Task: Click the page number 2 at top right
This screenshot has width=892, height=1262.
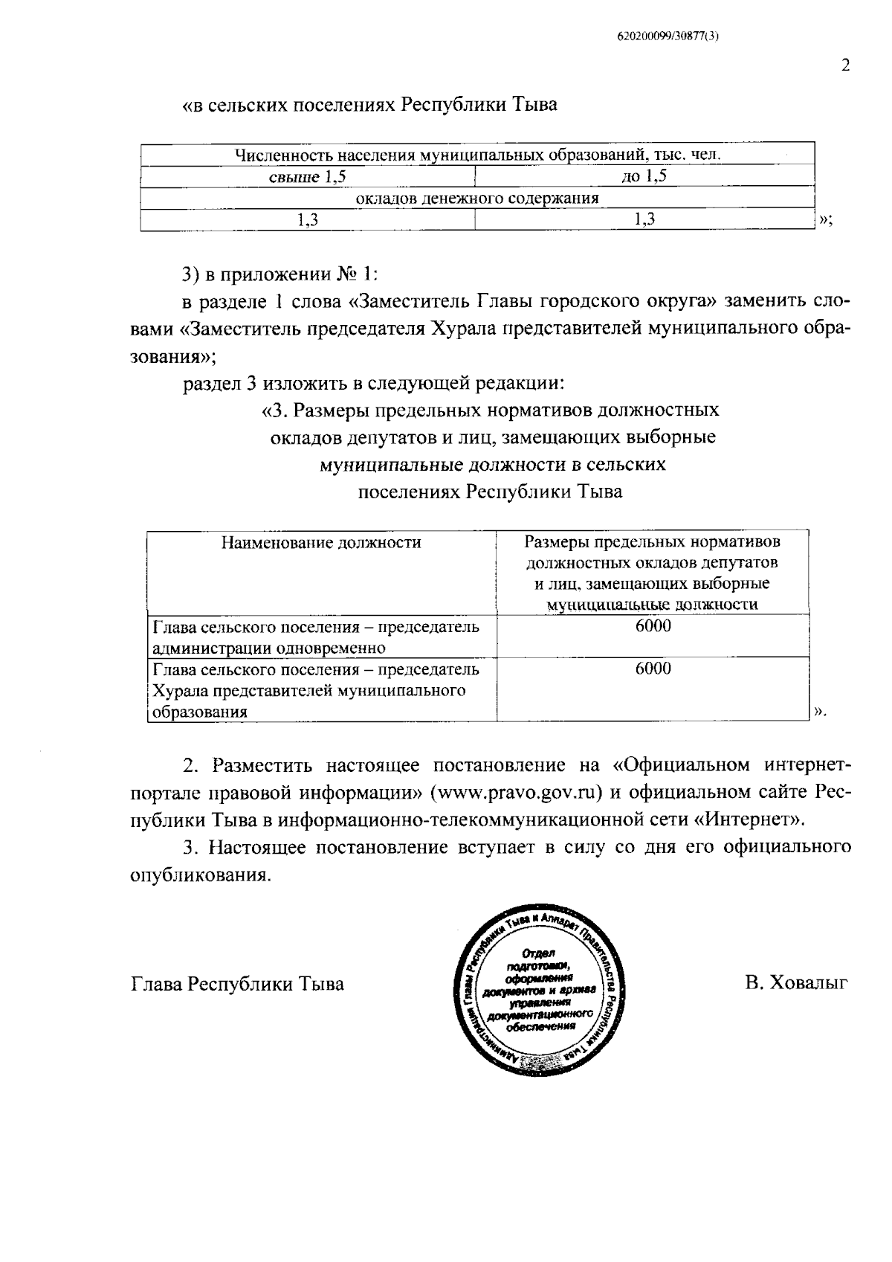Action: [x=844, y=65]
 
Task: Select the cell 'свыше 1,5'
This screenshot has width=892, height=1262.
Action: [x=307, y=177]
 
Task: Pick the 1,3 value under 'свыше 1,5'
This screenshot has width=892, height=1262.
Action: [x=308, y=219]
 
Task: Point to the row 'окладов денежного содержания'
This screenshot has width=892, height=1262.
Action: [x=477, y=199]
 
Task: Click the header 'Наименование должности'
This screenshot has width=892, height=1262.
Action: [x=321, y=542]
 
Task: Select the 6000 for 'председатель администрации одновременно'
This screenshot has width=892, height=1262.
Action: [x=653, y=626]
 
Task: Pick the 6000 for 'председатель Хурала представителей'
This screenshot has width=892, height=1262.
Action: [x=653, y=669]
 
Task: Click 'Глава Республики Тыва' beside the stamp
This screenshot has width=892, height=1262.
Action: [x=237, y=984]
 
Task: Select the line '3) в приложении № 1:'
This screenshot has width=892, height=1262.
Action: [x=280, y=274]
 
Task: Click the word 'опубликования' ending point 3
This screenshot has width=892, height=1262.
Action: [x=198, y=875]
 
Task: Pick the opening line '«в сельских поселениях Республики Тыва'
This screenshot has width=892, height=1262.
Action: [x=369, y=105]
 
